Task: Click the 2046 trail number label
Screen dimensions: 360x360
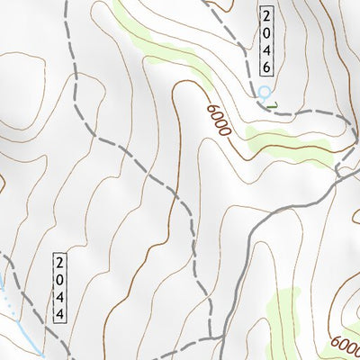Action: point(267,40)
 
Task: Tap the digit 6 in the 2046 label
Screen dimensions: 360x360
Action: point(267,67)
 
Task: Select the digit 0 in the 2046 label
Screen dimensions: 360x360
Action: point(267,31)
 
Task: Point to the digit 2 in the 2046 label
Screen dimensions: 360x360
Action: point(267,15)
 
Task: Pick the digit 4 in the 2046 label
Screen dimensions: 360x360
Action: point(267,49)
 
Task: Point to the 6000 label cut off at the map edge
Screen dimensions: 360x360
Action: point(346,346)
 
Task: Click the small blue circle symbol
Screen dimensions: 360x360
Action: point(264,93)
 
